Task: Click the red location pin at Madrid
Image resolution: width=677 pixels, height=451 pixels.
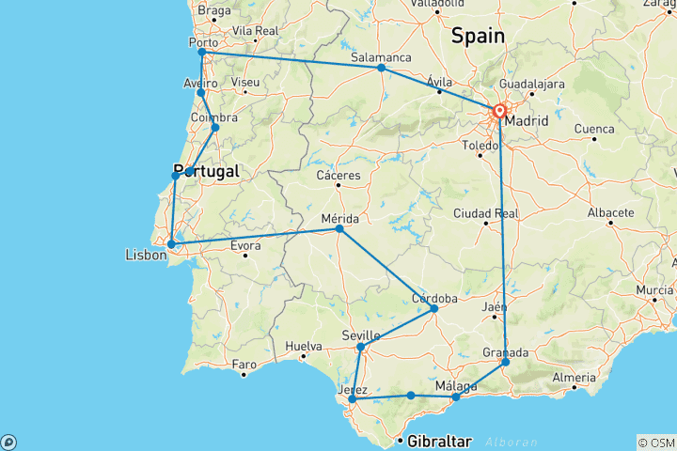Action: [499, 112]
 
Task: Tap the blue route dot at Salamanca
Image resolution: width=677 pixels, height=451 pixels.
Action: [381, 68]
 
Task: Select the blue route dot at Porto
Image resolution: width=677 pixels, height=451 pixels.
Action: [201, 53]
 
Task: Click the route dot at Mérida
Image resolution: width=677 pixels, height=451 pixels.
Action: [339, 228]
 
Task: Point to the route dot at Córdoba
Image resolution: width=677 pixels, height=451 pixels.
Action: [433, 308]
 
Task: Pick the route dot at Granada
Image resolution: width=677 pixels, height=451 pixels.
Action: [505, 362]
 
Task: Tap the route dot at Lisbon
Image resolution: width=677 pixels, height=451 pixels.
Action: [170, 244]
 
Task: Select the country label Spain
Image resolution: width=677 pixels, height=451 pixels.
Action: [478, 36]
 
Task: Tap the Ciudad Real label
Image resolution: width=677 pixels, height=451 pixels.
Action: [485, 212]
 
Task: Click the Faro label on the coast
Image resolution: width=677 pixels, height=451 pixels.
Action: [244, 364]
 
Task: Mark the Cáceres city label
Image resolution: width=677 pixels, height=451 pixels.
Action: [338, 176]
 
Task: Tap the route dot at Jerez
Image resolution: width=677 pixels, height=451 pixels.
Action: [352, 398]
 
